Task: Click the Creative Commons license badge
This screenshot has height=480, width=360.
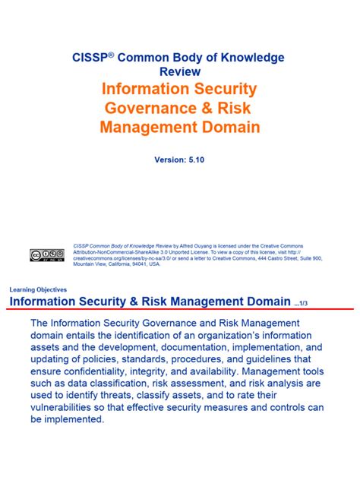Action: tap(47, 255)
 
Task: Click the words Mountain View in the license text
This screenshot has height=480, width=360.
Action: tap(89, 264)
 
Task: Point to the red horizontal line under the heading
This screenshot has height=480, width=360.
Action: tap(180, 310)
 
